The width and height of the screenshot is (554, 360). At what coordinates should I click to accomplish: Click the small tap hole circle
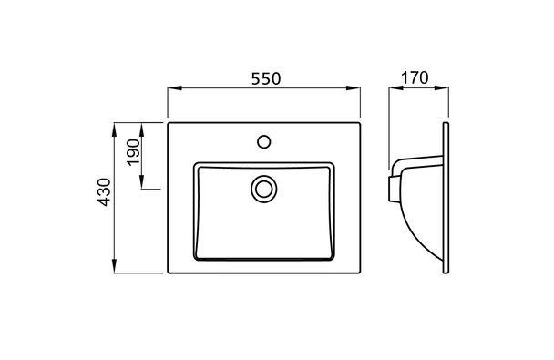click(264, 142)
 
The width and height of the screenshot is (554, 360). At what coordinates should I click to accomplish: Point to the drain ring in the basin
click(264, 189)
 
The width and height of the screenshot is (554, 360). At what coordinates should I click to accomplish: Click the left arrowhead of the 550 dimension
click(171, 89)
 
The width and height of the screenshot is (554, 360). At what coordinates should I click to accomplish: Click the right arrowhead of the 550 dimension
click(356, 89)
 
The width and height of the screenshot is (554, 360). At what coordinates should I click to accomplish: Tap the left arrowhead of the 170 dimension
click(394, 89)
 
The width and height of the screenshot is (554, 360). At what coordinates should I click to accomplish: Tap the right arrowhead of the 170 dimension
click(446, 89)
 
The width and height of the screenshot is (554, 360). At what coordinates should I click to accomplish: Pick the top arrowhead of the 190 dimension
click(144, 126)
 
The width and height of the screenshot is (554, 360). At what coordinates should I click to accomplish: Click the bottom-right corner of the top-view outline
click(359, 273)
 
